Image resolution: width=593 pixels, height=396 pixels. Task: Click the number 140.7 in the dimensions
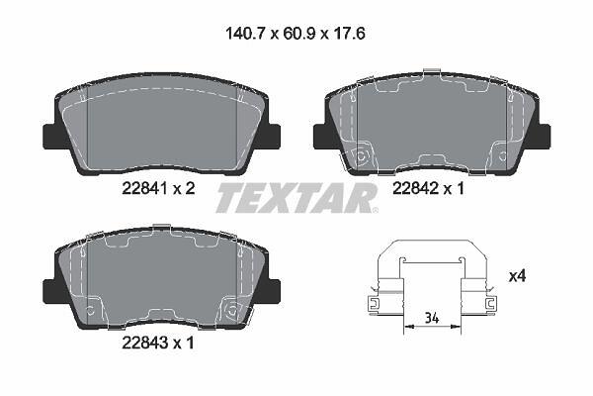(247, 34)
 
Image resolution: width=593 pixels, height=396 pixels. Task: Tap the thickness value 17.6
(349, 34)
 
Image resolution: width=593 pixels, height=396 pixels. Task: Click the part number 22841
(145, 188)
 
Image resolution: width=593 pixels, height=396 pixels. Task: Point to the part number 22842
(415, 188)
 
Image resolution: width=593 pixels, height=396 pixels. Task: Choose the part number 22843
(145, 343)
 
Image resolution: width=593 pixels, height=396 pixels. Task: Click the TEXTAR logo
(296, 198)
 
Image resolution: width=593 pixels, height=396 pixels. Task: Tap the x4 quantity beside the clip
(517, 276)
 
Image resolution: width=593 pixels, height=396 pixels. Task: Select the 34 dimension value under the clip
(432, 318)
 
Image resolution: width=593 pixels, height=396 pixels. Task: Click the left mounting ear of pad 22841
(51, 137)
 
